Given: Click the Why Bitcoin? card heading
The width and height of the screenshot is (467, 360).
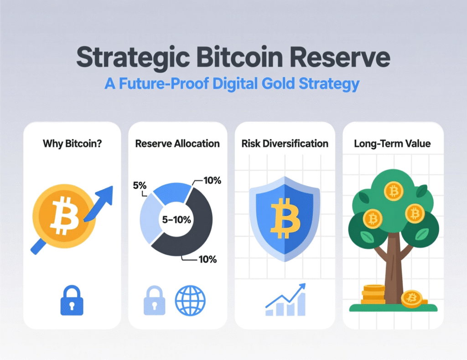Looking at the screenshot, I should pyautogui.click(x=72, y=144).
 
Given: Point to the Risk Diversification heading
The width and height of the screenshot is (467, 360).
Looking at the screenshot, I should pyautogui.click(x=285, y=144).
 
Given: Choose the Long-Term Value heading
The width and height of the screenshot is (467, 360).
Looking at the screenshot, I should pyautogui.click(x=392, y=144).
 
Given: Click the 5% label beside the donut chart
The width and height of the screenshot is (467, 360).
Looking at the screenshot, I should pyautogui.click(x=140, y=185).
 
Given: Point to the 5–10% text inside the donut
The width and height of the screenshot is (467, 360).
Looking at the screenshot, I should pyautogui.click(x=176, y=219).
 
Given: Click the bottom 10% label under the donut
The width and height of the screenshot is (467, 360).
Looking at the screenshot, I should pyautogui.click(x=207, y=260).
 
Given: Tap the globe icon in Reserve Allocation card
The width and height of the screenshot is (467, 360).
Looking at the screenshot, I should pyautogui.click(x=190, y=300).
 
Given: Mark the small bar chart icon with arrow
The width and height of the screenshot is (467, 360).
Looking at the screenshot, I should pyautogui.click(x=285, y=301).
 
